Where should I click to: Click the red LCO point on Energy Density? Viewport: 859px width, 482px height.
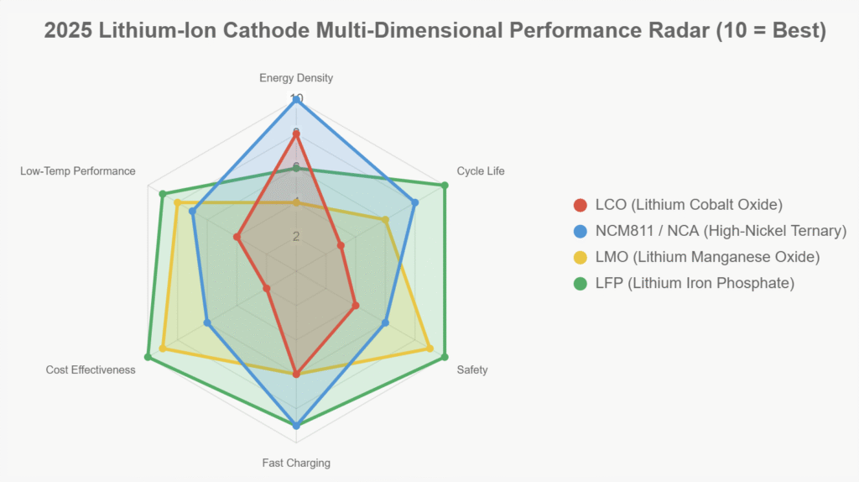[296, 134]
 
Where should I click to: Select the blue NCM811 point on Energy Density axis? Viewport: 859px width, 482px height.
[296, 99]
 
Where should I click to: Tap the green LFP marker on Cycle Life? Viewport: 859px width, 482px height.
[445, 185]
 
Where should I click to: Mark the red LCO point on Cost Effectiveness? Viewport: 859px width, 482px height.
[267, 288]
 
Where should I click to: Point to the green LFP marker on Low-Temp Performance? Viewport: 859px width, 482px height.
[162, 193]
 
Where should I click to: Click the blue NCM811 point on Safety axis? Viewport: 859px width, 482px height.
[385, 322]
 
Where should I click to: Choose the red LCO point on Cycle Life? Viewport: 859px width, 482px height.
[341, 245]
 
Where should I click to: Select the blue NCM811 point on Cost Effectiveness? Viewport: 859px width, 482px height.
[207, 322]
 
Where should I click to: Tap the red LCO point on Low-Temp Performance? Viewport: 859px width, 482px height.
[237, 237]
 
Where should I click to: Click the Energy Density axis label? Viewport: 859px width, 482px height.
[296, 78]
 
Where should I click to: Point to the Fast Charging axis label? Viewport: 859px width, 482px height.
[296, 463]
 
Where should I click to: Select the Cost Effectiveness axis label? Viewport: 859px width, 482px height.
[91, 369]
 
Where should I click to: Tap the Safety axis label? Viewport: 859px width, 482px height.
[472, 369]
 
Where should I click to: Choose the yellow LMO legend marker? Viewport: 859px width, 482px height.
[580, 257]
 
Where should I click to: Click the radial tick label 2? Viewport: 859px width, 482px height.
[296, 236]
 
